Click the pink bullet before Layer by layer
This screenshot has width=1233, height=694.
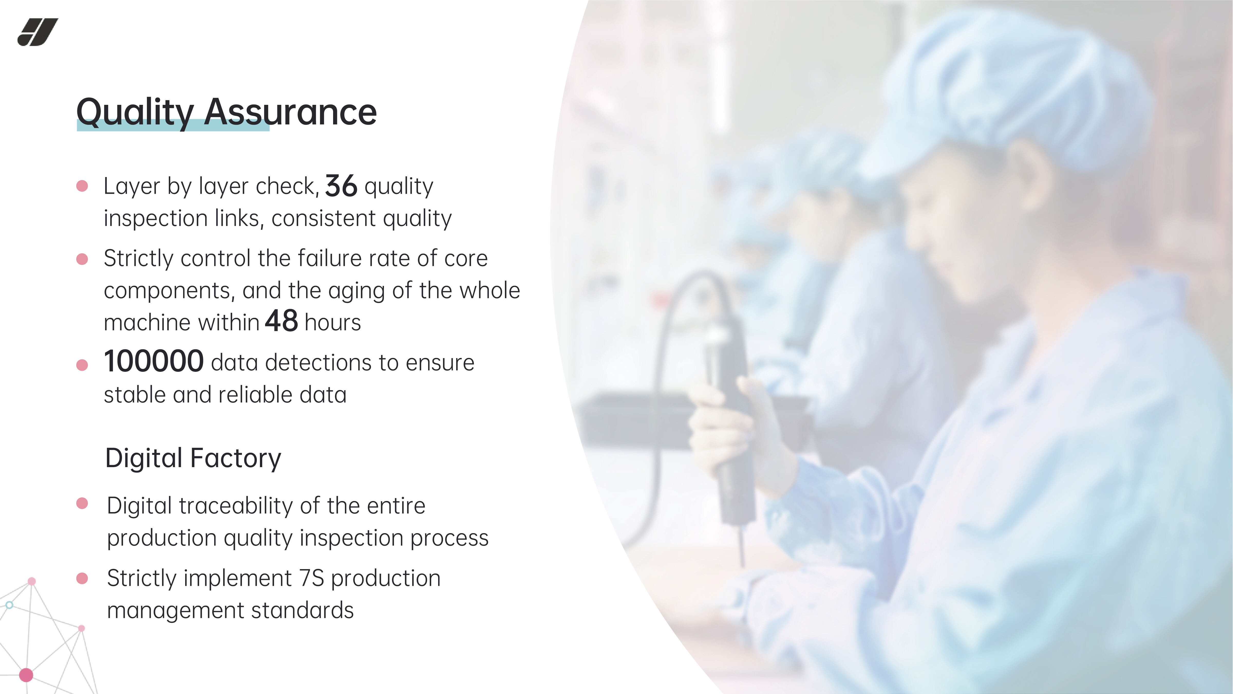pos(82,186)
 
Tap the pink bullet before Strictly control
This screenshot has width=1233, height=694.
pos(82,259)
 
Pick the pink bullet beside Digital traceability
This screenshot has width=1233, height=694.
pos(82,503)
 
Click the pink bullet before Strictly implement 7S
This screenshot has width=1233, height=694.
pos(82,579)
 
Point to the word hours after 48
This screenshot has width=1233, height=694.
pos(333,322)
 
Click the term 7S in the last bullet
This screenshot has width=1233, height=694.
pos(312,578)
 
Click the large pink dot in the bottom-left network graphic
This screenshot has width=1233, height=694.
pos(26,675)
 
